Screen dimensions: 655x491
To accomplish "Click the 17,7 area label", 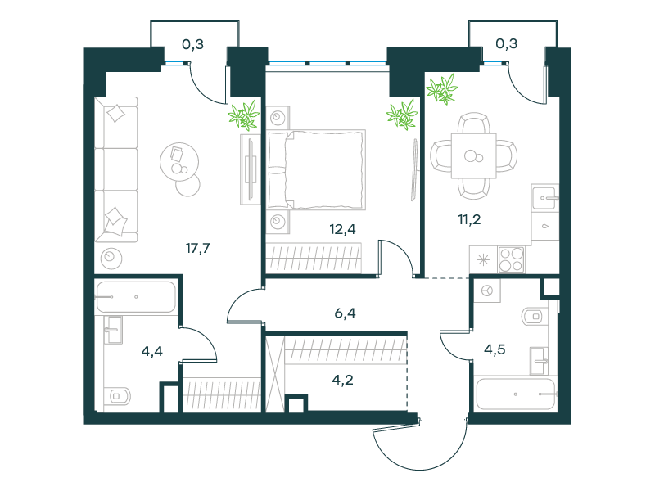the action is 197,249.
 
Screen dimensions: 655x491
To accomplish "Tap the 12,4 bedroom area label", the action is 342,229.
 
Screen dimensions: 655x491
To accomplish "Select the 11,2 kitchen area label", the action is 469,219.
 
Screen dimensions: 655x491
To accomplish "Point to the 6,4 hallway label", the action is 345,313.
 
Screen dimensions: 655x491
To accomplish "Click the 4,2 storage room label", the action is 342,380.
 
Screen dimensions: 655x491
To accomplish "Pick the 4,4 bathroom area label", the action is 152,352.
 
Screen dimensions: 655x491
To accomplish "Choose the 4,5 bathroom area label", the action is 495,349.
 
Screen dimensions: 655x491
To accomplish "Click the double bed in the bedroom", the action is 316,169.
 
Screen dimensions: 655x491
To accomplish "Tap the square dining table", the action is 474,155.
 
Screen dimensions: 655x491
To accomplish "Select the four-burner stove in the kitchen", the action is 511,259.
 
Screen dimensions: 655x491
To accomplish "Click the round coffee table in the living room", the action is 179,161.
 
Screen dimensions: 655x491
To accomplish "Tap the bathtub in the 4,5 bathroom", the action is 516,394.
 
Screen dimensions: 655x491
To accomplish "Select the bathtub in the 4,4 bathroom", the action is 136,297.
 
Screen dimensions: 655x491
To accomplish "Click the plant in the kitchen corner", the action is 441,89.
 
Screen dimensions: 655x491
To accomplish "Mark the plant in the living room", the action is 243,115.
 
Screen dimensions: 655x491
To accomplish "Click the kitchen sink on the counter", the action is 544,197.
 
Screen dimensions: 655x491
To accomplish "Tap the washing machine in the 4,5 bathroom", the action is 487,291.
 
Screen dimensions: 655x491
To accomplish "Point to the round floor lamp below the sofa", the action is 111,258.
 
